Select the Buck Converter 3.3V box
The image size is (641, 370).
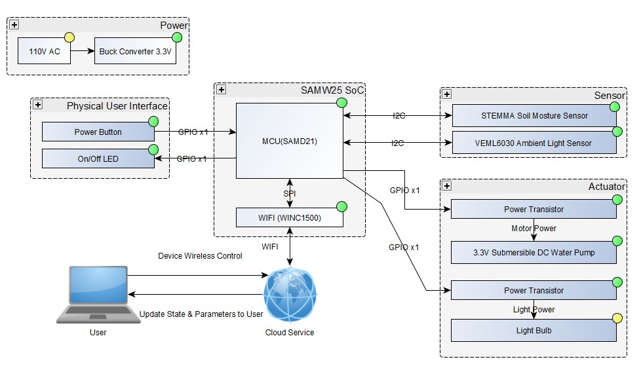[x=136, y=51]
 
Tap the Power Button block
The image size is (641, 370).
[x=98, y=132]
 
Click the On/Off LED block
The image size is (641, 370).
[x=98, y=158]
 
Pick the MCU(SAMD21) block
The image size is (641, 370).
[x=289, y=140]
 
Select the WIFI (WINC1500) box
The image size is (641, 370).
[x=289, y=217]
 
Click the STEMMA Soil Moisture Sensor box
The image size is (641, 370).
[x=534, y=116]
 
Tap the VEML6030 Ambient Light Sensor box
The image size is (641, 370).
[x=534, y=143]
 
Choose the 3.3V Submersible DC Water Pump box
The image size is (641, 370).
[x=534, y=252]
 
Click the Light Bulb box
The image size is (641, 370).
[x=534, y=331]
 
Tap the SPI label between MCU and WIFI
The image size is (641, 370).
[x=290, y=194]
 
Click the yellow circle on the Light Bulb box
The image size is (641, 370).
[x=616, y=319]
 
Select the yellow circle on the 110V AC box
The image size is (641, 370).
[x=69, y=37]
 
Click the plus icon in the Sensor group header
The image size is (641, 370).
[x=447, y=94]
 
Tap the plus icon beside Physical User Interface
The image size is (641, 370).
[x=38, y=105]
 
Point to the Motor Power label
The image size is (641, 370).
[x=534, y=229]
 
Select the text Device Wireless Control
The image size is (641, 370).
[x=200, y=256]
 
